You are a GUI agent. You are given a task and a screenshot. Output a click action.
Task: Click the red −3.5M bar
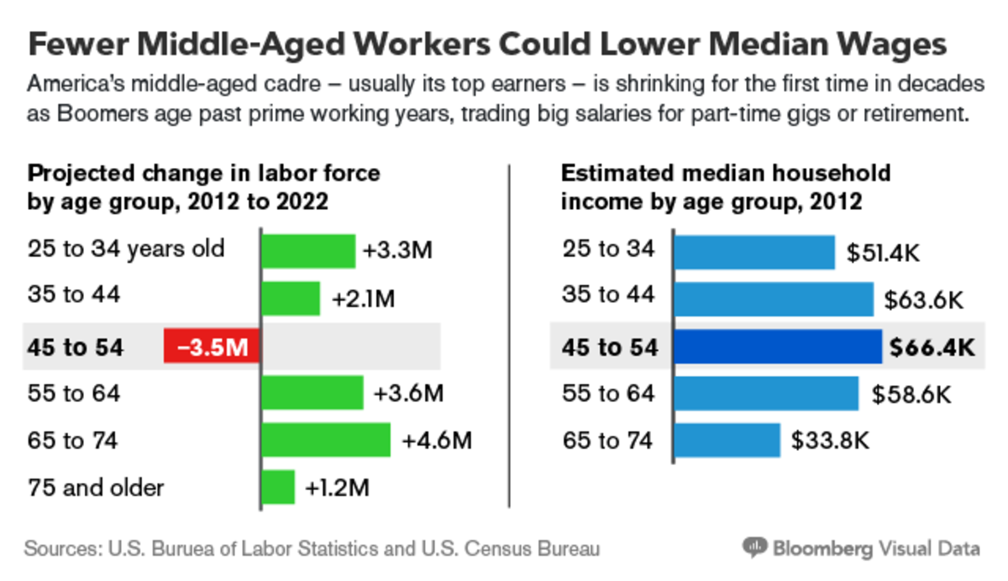point(212,346)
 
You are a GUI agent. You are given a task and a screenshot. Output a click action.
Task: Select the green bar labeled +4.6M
point(326,440)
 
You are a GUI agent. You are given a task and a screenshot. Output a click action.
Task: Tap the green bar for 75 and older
point(278,487)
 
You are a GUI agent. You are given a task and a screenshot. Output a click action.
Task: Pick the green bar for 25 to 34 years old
point(308,250)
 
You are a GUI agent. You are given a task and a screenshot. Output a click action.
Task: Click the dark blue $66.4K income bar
point(778,346)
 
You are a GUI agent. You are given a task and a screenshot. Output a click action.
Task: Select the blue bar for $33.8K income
point(727,440)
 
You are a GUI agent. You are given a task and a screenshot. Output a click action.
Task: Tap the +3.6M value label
point(407,393)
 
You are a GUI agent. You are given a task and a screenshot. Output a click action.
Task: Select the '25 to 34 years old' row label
point(126,249)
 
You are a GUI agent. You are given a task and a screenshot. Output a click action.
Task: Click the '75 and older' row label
point(96,487)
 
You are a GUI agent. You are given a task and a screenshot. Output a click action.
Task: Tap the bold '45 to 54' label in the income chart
point(610,346)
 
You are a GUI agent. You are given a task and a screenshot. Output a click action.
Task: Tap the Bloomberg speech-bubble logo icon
point(755,548)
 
